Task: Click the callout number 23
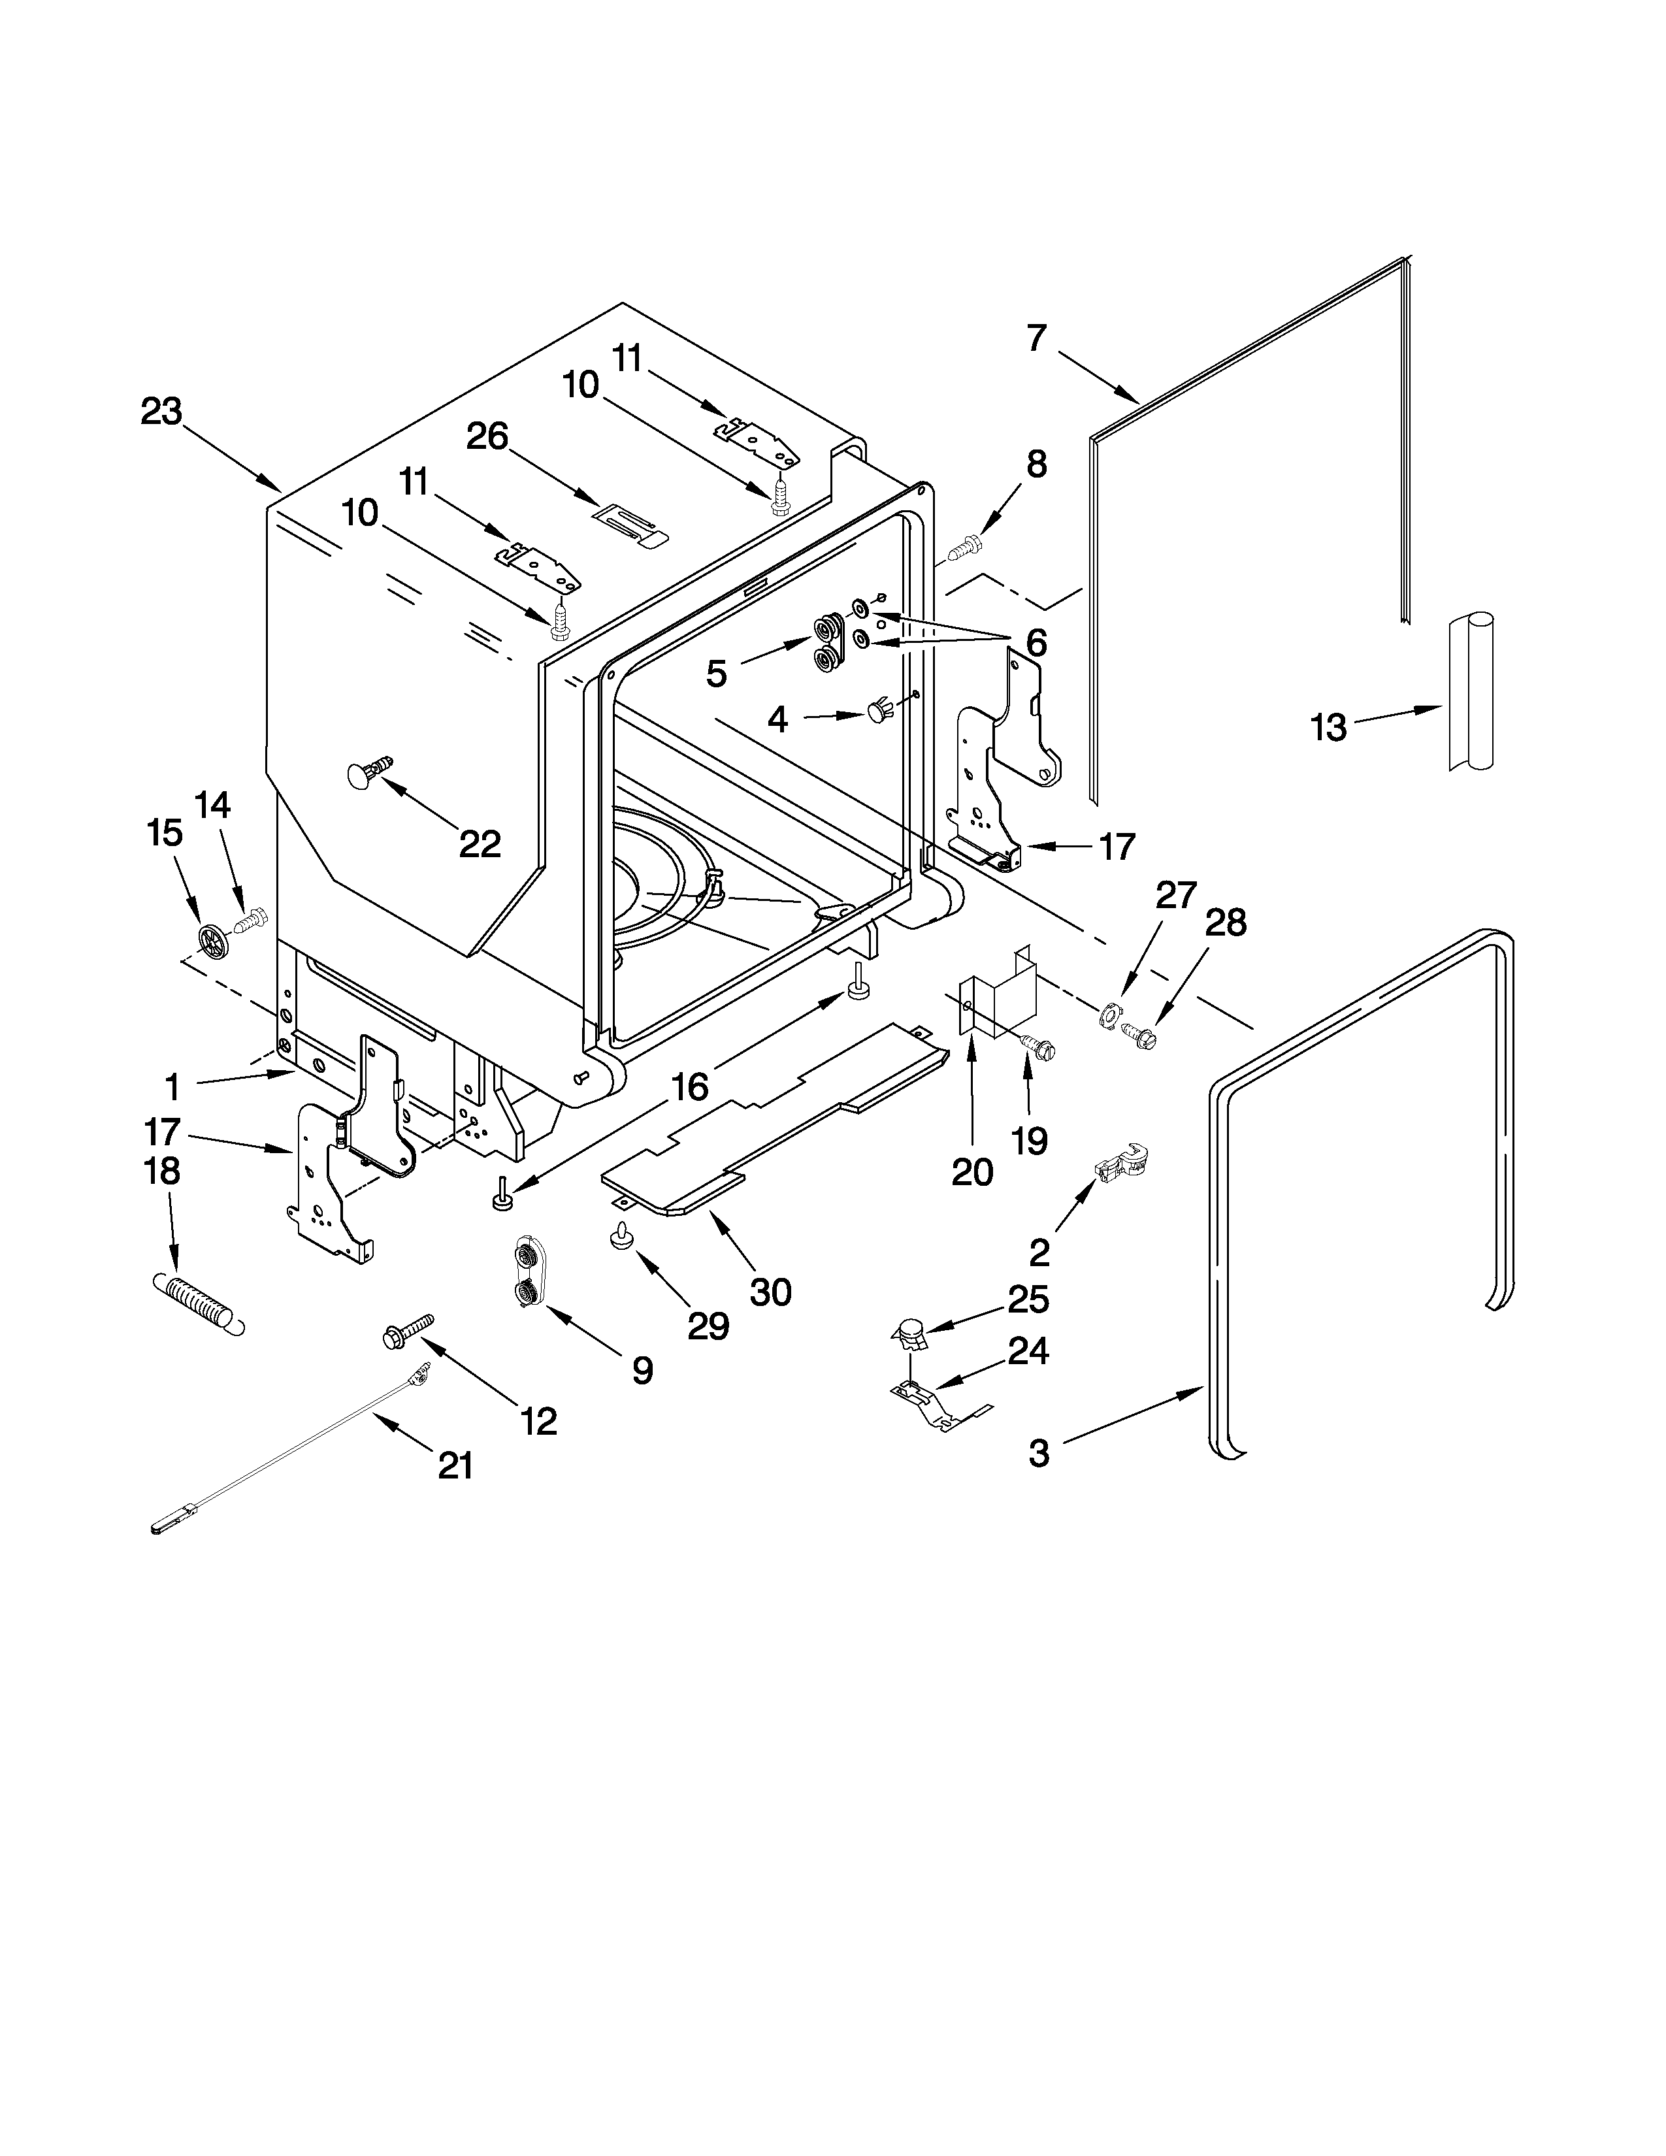tap(161, 412)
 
